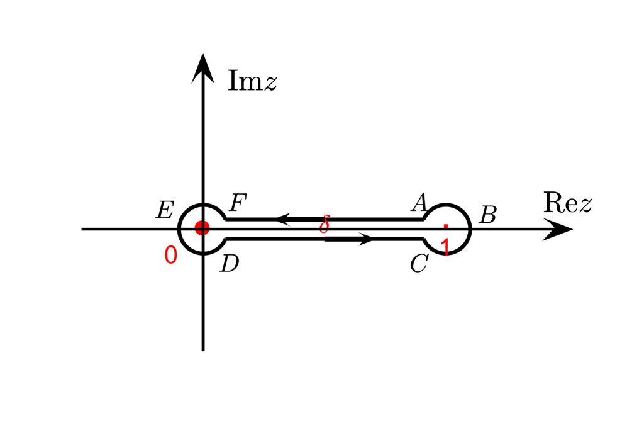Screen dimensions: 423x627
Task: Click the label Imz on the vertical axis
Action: point(252,81)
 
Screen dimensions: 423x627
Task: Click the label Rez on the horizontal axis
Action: point(567,203)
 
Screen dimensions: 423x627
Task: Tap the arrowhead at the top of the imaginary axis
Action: point(203,67)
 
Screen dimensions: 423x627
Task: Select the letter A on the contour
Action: point(419,203)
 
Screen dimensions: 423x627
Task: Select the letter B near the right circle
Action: point(487,215)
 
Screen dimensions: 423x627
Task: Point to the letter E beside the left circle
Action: point(165,210)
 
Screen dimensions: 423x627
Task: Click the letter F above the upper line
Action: point(238,203)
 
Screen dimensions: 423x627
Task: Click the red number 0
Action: point(170,255)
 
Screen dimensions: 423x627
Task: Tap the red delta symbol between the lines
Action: point(325,224)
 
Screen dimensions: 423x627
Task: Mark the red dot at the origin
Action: point(202,228)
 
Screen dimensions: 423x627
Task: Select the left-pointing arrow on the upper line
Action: point(283,219)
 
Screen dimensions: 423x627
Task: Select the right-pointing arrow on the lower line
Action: point(365,239)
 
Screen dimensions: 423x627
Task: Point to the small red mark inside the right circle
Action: point(446,225)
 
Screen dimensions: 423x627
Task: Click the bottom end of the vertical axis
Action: point(203,349)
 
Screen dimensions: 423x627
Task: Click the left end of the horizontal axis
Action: point(82,229)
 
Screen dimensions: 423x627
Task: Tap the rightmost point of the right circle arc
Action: point(470,228)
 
